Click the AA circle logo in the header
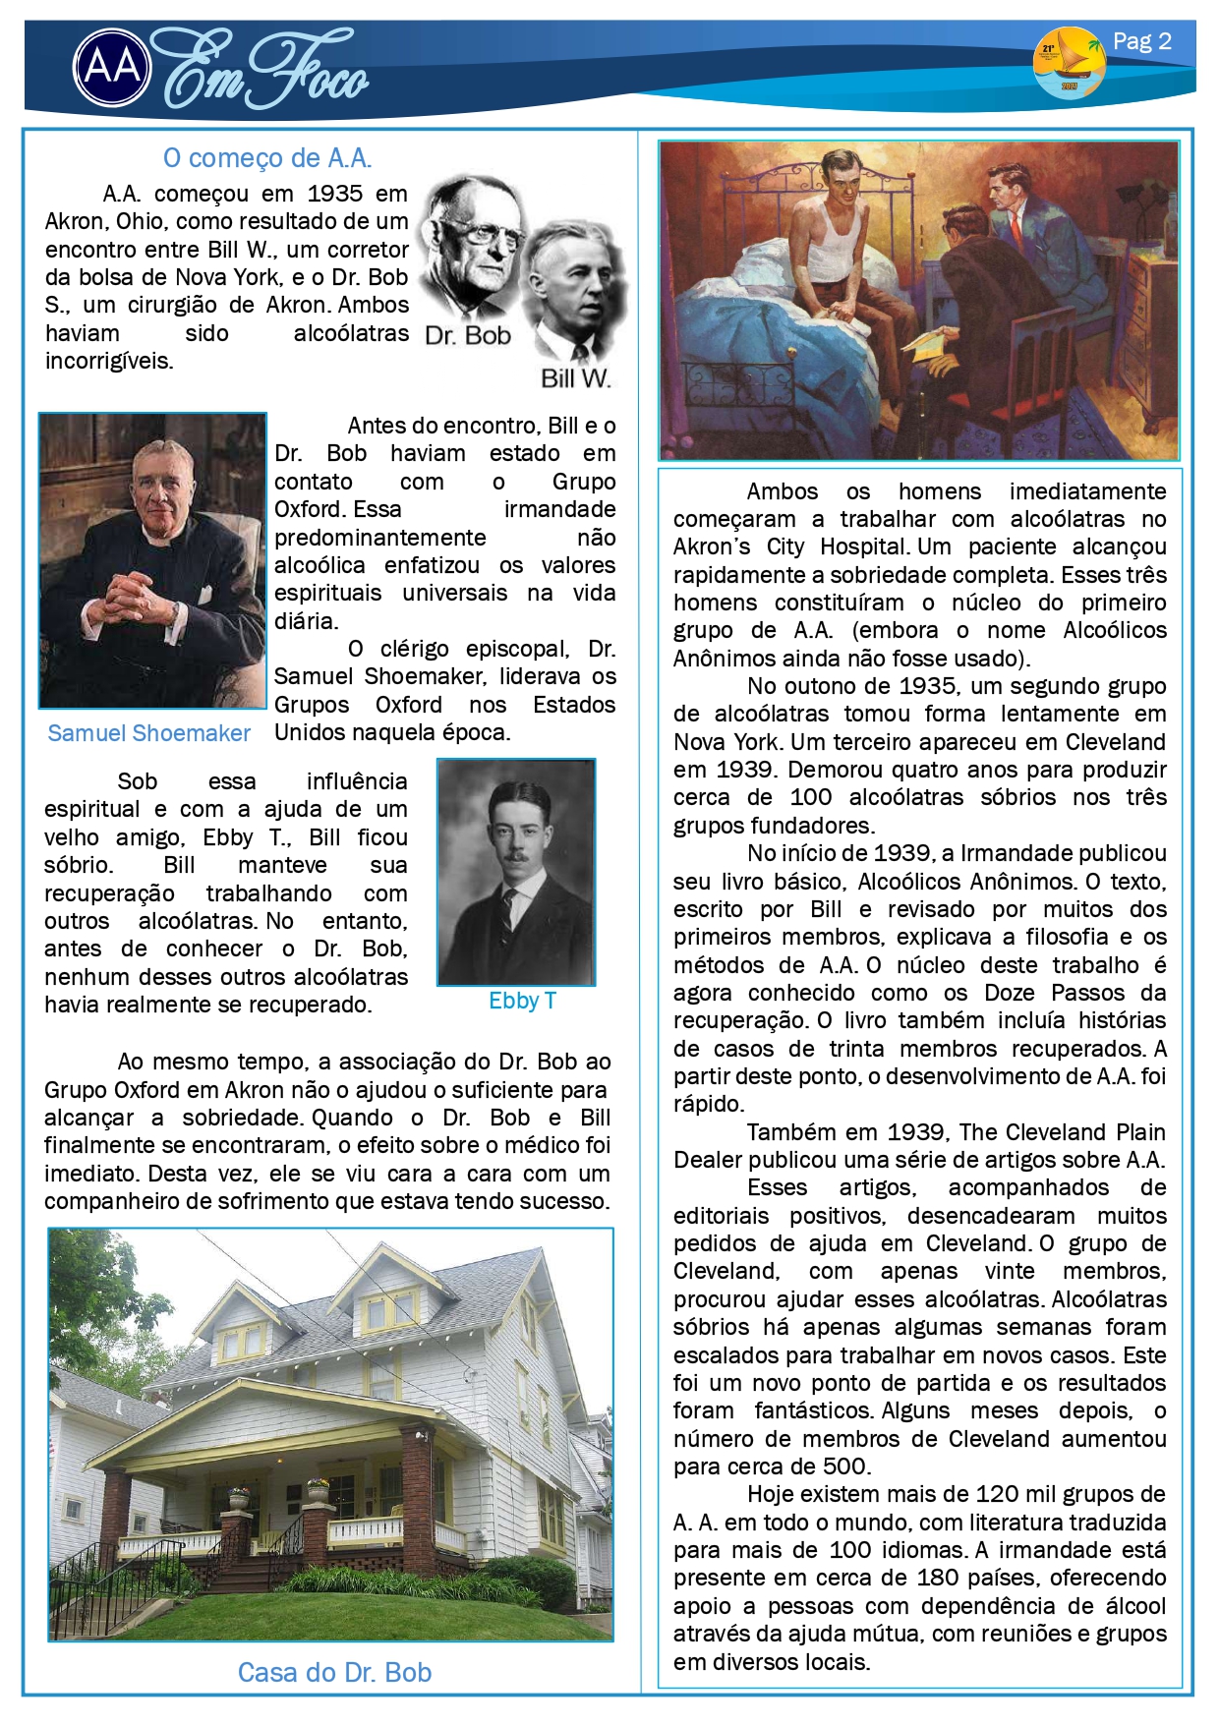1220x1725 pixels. coord(112,68)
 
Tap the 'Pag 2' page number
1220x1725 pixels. coord(1141,41)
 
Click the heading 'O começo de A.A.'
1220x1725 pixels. coord(266,158)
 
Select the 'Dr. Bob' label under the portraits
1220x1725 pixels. coord(468,336)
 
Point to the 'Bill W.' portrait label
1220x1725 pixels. coord(575,378)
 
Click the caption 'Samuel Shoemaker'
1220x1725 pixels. coord(148,733)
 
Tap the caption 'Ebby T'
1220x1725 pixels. coord(522,1001)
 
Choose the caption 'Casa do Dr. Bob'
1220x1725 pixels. coord(334,1672)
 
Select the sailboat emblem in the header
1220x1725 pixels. coord(1069,62)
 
